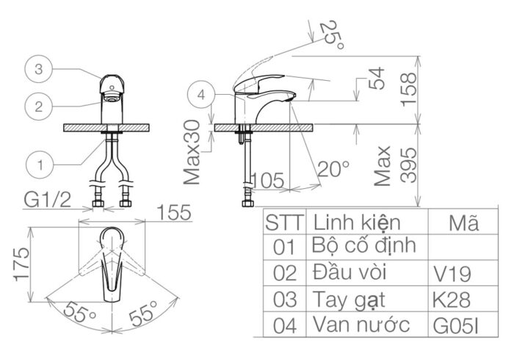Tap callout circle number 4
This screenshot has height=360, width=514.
click(202, 94)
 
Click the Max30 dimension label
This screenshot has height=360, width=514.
click(193, 152)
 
